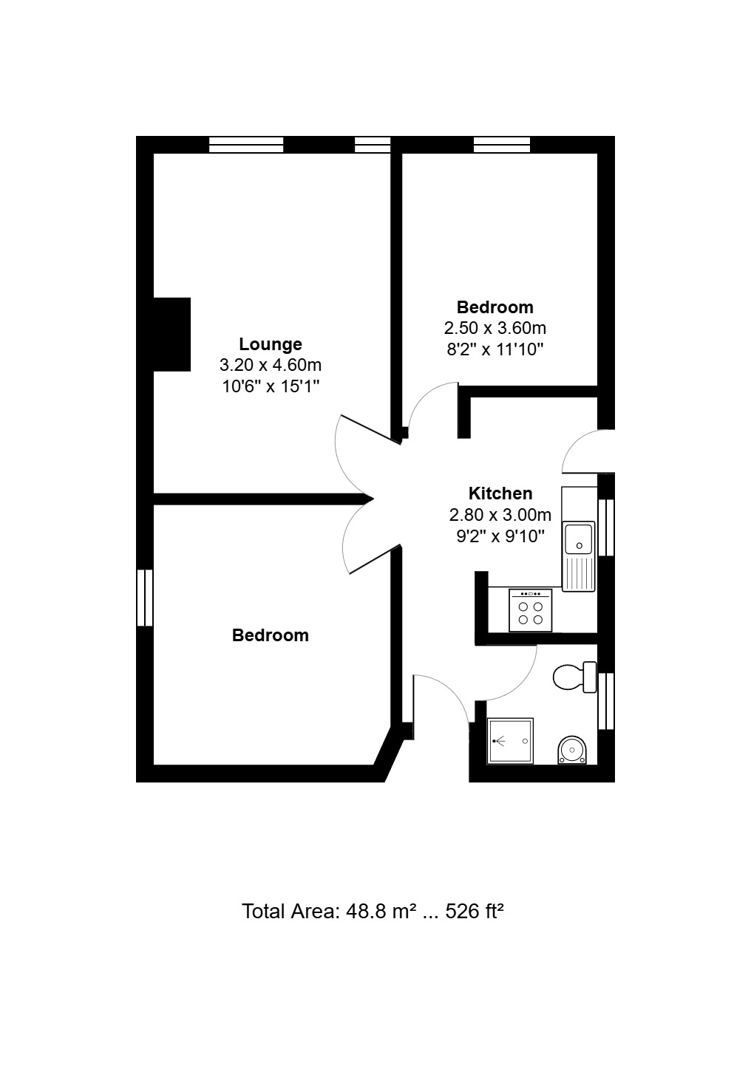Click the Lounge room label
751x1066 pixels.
[x=270, y=344]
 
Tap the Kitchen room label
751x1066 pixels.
[x=500, y=493]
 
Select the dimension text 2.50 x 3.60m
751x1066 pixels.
[x=495, y=328]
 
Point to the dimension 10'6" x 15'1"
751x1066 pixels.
[x=270, y=386]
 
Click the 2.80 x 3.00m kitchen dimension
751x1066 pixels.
[x=500, y=515]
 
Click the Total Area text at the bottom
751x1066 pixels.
[x=373, y=912]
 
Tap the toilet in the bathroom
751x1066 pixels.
[x=575, y=677]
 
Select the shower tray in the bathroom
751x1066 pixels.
[x=510, y=741]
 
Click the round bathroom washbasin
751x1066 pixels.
[x=572, y=751]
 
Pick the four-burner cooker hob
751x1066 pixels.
[x=531, y=611]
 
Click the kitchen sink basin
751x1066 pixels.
[x=579, y=539]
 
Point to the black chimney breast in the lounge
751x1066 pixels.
[x=172, y=335]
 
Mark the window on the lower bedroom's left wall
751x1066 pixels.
[x=145, y=598]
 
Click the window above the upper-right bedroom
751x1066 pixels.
[x=501, y=145]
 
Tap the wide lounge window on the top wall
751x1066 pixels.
[x=246, y=145]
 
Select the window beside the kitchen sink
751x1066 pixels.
[x=606, y=527]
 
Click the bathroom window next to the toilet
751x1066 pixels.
[x=606, y=700]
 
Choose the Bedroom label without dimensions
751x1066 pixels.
[x=270, y=635]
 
